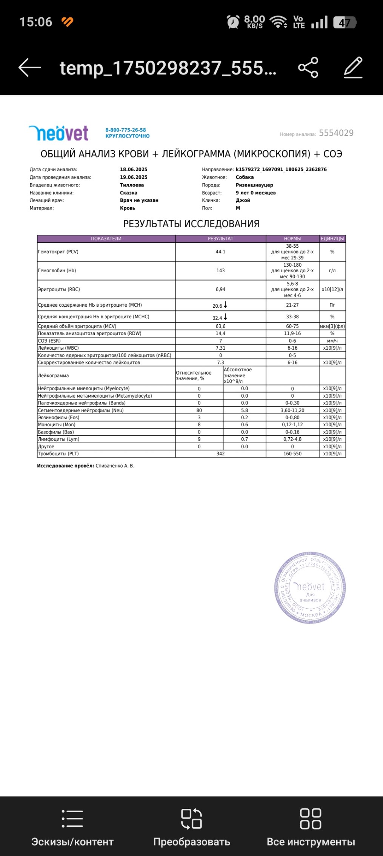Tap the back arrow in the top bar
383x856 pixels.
[x=30, y=68]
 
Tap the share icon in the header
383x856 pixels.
[x=308, y=68]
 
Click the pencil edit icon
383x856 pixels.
[x=353, y=68]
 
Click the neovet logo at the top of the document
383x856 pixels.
[x=58, y=133]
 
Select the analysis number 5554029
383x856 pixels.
[x=336, y=133]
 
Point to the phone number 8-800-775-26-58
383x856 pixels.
[x=125, y=130]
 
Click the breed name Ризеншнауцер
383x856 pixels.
[x=254, y=185]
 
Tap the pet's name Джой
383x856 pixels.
[x=243, y=201]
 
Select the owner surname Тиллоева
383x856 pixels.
[x=132, y=185]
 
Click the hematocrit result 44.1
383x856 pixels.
[x=220, y=252]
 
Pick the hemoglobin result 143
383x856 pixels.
[x=220, y=271]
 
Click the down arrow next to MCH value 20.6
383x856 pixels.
[x=226, y=305]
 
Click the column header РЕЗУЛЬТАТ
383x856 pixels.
[x=220, y=239]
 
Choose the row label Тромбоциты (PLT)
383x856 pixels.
[x=58, y=454]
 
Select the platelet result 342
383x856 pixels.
[x=220, y=454]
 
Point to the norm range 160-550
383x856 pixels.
[x=292, y=454]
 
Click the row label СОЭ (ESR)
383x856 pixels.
[x=49, y=341]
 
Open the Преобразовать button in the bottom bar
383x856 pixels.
[x=192, y=827]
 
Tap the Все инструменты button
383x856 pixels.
[x=311, y=827]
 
